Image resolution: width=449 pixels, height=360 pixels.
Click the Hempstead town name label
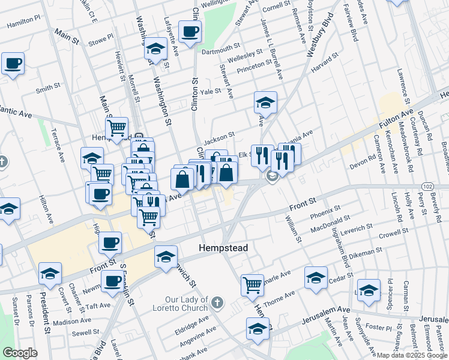click(x=223, y=247)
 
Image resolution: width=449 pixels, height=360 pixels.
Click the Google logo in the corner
click(x=20, y=352)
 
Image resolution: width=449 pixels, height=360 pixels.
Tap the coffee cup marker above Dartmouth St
click(x=190, y=32)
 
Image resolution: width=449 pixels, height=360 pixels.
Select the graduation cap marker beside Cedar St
click(x=316, y=277)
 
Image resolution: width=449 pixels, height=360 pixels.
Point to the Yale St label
click(x=211, y=92)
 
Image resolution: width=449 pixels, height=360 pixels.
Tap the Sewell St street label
click(x=85, y=332)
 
